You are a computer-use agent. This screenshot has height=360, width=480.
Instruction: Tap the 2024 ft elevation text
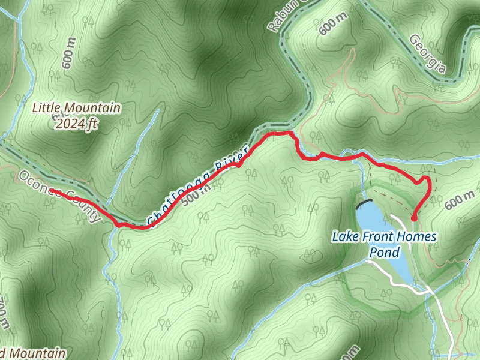pyautogui.click(x=75, y=124)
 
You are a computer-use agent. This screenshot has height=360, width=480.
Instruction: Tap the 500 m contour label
pyautogui.click(x=196, y=191)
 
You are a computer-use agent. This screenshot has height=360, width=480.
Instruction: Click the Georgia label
pyautogui.click(x=427, y=54)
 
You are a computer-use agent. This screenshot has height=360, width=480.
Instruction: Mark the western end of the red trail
pyautogui.click(x=52, y=191)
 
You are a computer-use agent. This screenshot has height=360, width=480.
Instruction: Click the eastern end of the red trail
pyautogui.click(x=414, y=220)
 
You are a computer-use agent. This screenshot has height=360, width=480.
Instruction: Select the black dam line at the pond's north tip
pyautogui.click(x=364, y=203)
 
